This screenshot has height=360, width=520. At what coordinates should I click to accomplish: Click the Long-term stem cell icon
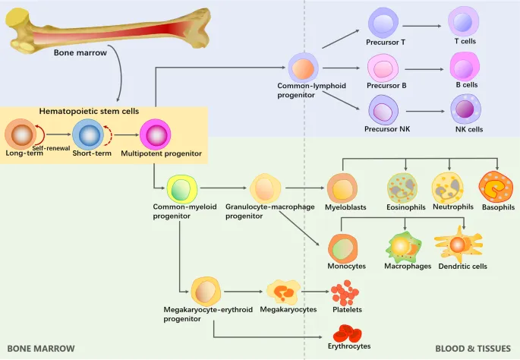[20, 135]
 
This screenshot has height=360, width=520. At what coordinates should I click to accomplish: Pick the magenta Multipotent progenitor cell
[156, 135]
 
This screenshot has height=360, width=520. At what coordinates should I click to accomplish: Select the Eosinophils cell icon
[402, 188]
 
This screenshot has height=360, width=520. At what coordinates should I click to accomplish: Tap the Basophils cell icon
[495, 187]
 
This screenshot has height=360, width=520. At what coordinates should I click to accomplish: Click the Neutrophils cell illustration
[447, 188]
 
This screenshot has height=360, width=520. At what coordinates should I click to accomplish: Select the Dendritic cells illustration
[457, 245]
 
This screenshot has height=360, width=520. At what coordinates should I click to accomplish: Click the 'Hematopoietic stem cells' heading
[90, 111]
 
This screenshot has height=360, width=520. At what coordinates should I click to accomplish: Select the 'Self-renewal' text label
[52, 147]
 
